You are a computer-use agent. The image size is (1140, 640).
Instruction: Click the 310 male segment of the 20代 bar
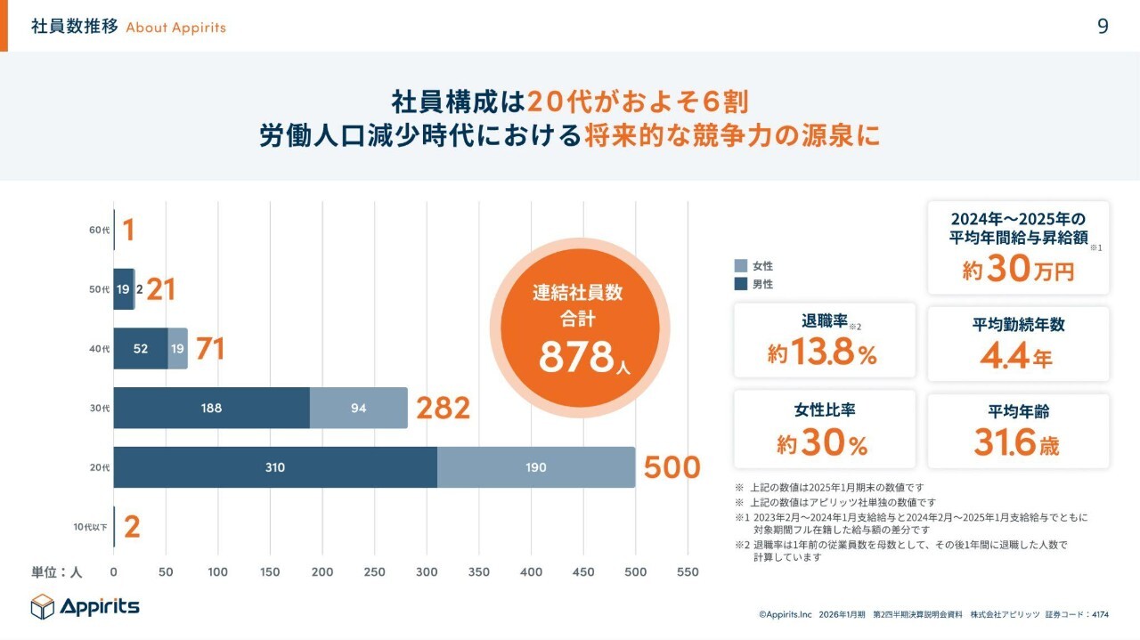[x=275, y=467]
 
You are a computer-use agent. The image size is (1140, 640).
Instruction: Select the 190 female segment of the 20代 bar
[x=536, y=467]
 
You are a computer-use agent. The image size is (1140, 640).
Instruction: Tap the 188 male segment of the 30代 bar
[x=211, y=409]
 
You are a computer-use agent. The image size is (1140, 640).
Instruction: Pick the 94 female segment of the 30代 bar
[x=358, y=409]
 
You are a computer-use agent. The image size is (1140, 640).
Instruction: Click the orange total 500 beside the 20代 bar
[x=672, y=467]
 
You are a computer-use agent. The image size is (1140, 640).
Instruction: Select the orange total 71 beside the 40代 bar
[x=209, y=349]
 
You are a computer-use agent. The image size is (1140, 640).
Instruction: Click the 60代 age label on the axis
[x=99, y=231]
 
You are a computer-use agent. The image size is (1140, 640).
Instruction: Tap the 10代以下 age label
[x=90, y=527]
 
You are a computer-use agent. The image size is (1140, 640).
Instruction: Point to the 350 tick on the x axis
[x=479, y=572]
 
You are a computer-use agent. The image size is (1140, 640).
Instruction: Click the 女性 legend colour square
[x=741, y=266]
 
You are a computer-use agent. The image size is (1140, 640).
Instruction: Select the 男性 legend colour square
[x=741, y=284]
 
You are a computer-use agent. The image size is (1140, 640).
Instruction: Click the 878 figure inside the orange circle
[x=577, y=357]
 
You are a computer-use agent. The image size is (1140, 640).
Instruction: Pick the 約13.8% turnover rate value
[x=823, y=353]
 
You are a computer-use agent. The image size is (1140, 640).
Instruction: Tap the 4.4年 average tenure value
[x=1016, y=357]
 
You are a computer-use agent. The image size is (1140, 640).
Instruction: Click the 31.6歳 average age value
[x=1016, y=442]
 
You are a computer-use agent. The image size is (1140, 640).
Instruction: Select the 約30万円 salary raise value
[x=1018, y=270]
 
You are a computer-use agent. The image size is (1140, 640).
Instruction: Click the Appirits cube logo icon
[x=43, y=607]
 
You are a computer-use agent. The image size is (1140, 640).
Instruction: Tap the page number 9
[x=1103, y=26]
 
